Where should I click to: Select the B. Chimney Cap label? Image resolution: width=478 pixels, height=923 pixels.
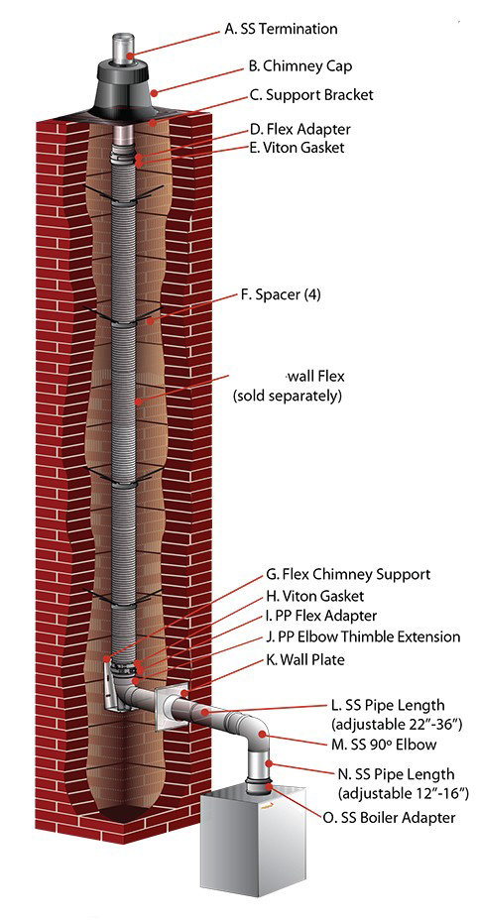(x=300, y=65)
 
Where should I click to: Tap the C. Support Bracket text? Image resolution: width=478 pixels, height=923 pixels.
(x=311, y=95)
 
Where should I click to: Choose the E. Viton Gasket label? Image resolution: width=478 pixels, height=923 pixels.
(x=298, y=147)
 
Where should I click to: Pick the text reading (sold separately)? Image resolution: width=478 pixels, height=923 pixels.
(x=288, y=396)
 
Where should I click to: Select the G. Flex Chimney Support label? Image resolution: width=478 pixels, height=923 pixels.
(x=348, y=573)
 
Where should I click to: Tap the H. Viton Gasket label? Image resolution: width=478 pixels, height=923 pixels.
(x=315, y=596)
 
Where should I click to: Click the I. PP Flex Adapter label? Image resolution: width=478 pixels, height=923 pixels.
(x=321, y=617)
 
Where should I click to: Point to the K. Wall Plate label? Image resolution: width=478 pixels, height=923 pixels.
(x=305, y=660)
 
